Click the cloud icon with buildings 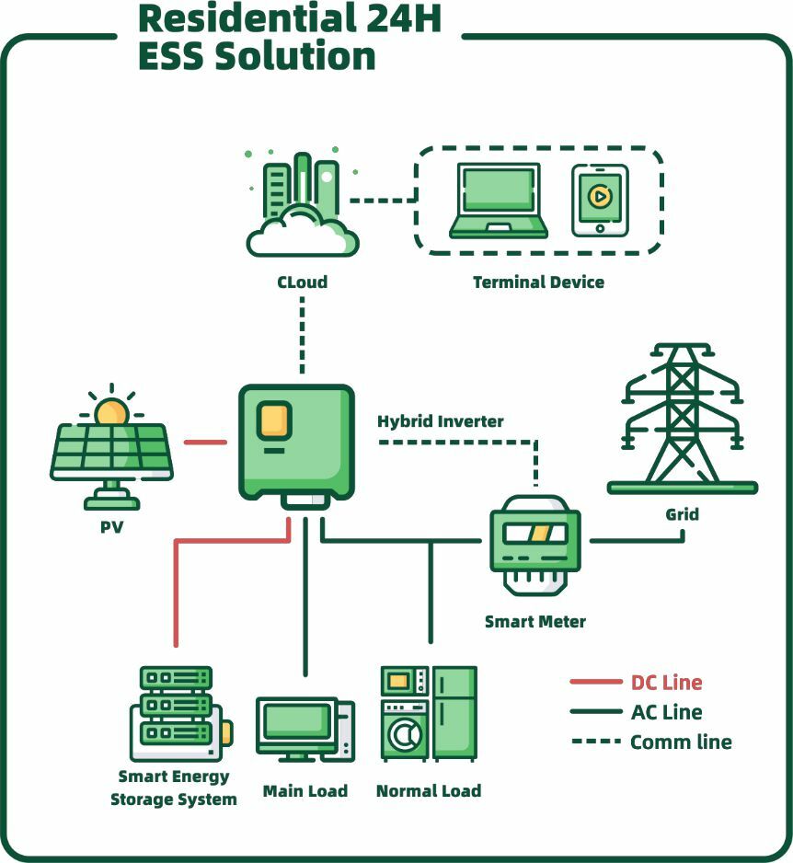pos(302,207)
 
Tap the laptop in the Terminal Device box pos(499,201)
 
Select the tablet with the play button pos(600,199)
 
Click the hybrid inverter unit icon pos(296,443)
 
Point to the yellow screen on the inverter pos(275,420)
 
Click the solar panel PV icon pos(111,455)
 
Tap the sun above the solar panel pos(112,409)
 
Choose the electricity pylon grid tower pos(682,419)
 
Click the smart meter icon pos(535,543)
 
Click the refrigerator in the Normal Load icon pos(455,713)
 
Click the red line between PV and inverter pos(205,443)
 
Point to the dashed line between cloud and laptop pos(383,200)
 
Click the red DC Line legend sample pos(596,683)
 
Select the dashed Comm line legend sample pos(596,742)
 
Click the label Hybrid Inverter pos(441,421)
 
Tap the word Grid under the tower pos(682,514)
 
